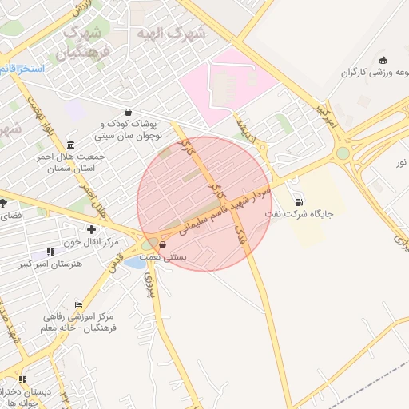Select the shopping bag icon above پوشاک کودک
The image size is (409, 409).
pyautogui.click(x=129, y=113)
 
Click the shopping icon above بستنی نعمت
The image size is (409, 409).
pyautogui.click(x=163, y=245)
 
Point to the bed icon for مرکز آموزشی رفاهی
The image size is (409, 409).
pyautogui.click(x=78, y=304)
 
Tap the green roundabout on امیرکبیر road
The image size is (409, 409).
pyautogui.click(x=343, y=153)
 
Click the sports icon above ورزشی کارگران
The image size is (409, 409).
pyautogui.click(x=383, y=60)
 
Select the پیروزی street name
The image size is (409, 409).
pyautogui.click(x=149, y=281)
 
